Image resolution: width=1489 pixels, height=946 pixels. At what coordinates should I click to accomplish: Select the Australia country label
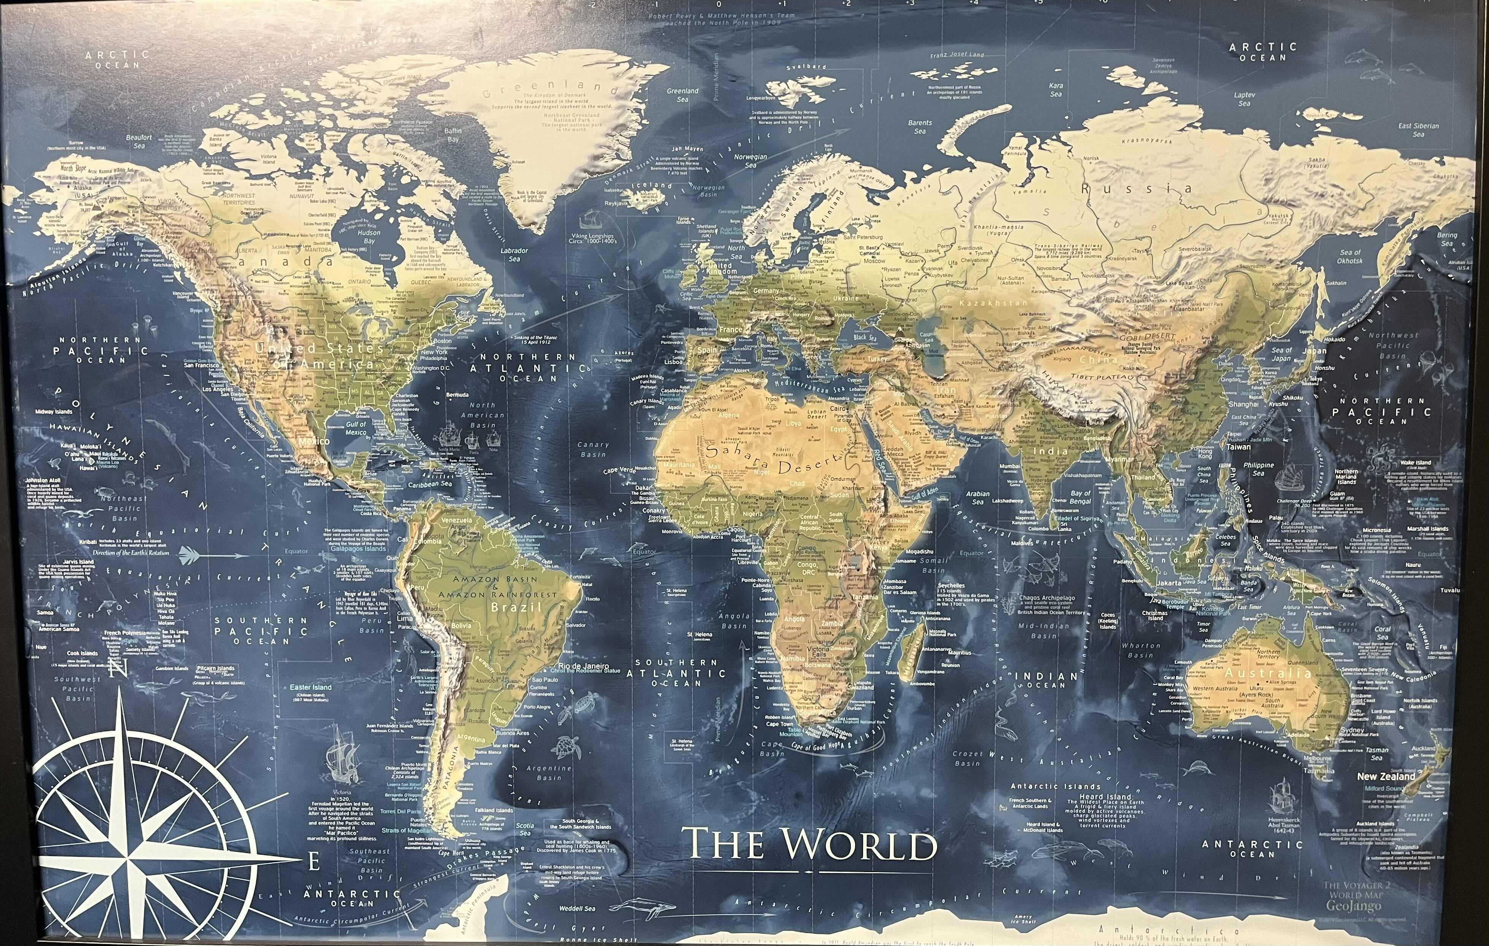[1268, 673]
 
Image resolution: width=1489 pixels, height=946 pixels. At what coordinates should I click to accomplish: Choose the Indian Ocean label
[1046, 681]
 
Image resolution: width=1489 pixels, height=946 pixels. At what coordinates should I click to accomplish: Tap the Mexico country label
[314, 441]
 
